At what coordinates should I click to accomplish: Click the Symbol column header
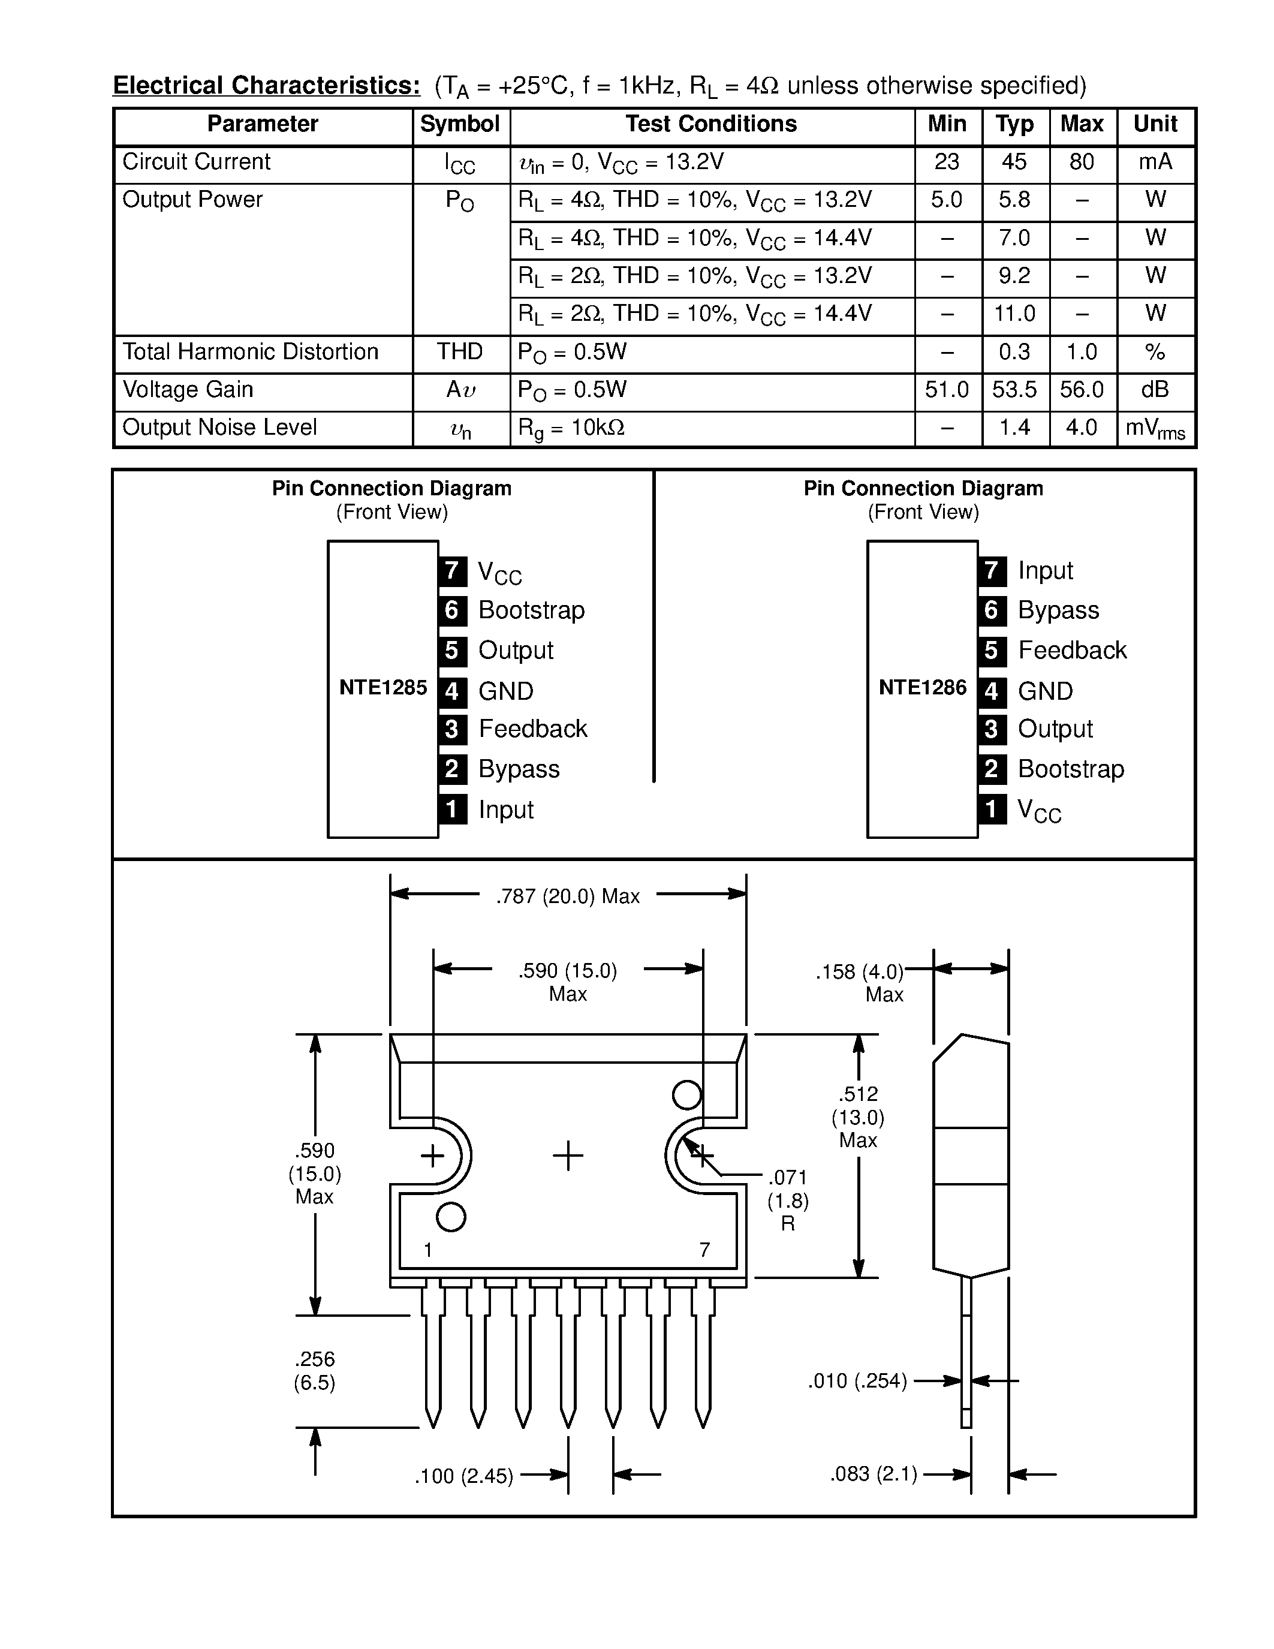[460, 125]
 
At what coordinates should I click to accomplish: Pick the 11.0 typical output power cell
[1014, 314]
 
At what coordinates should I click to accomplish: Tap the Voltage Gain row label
[188, 390]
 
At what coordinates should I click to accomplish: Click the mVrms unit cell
[1155, 429]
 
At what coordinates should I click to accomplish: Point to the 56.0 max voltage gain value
[1081, 390]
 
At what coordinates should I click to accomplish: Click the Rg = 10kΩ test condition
[571, 429]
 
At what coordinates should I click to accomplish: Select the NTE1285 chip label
[382, 688]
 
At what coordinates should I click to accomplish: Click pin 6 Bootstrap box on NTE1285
[452, 610]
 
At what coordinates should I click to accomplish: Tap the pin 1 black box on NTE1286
[992, 810]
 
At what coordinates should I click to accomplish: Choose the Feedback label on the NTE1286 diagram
[1072, 650]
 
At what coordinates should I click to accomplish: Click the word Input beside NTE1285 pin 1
[505, 810]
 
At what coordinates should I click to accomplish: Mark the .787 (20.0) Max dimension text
[568, 896]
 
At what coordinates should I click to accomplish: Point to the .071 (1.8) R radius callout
[788, 1200]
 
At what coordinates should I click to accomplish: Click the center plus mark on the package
[568, 1156]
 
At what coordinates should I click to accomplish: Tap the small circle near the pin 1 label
[451, 1217]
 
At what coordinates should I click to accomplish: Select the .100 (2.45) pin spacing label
[463, 1476]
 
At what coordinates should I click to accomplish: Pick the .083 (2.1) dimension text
[874, 1475]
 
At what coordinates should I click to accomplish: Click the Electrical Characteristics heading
[266, 85]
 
